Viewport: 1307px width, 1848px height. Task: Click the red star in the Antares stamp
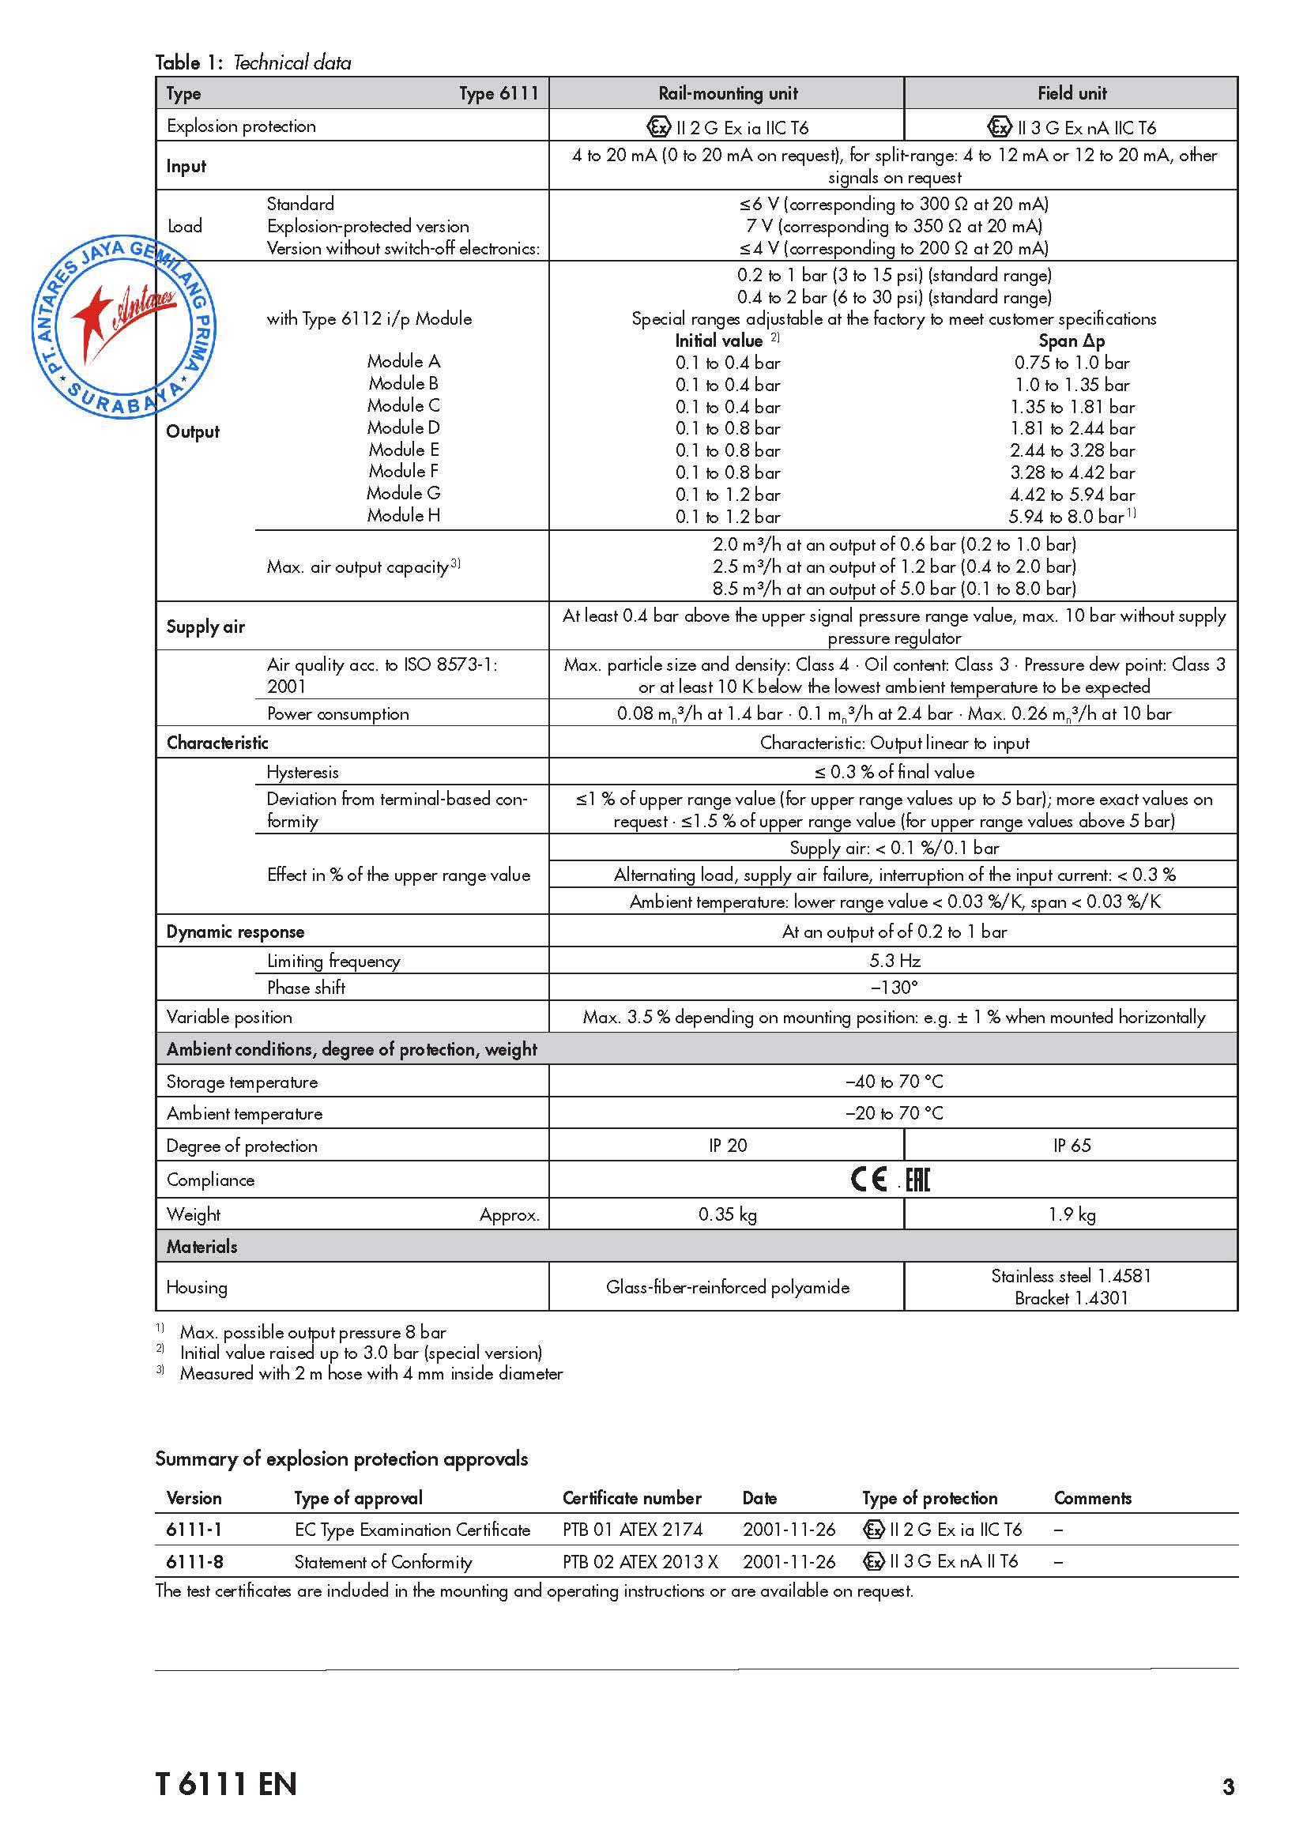pos(95,315)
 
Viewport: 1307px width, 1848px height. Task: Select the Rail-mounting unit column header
pos(728,93)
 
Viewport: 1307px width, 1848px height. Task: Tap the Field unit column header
pos(1072,93)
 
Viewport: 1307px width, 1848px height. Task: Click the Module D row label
pos(403,427)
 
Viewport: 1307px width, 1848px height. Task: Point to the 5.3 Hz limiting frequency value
pos(895,960)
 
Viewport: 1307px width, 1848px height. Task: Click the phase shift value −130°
pos(895,988)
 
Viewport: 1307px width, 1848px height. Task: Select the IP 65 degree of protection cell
pos(1072,1146)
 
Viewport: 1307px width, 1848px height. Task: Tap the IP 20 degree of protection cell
pos(728,1146)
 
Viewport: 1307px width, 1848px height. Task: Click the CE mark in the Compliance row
pos(868,1180)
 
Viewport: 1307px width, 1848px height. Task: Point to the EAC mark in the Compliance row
pos(917,1180)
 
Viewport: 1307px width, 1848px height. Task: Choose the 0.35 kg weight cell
pos(728,1214)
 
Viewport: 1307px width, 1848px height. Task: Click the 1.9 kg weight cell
pos(1072,1214)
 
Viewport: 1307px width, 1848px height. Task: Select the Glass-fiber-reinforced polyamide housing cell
pos(728,1287)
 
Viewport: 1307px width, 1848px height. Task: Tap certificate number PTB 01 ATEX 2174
pos(633,1530)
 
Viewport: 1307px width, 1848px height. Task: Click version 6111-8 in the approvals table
pos(194,1561)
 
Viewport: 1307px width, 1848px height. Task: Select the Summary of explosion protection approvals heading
pos(341,1458)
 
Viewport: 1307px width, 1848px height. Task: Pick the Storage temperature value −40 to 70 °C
pos(895,1082)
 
